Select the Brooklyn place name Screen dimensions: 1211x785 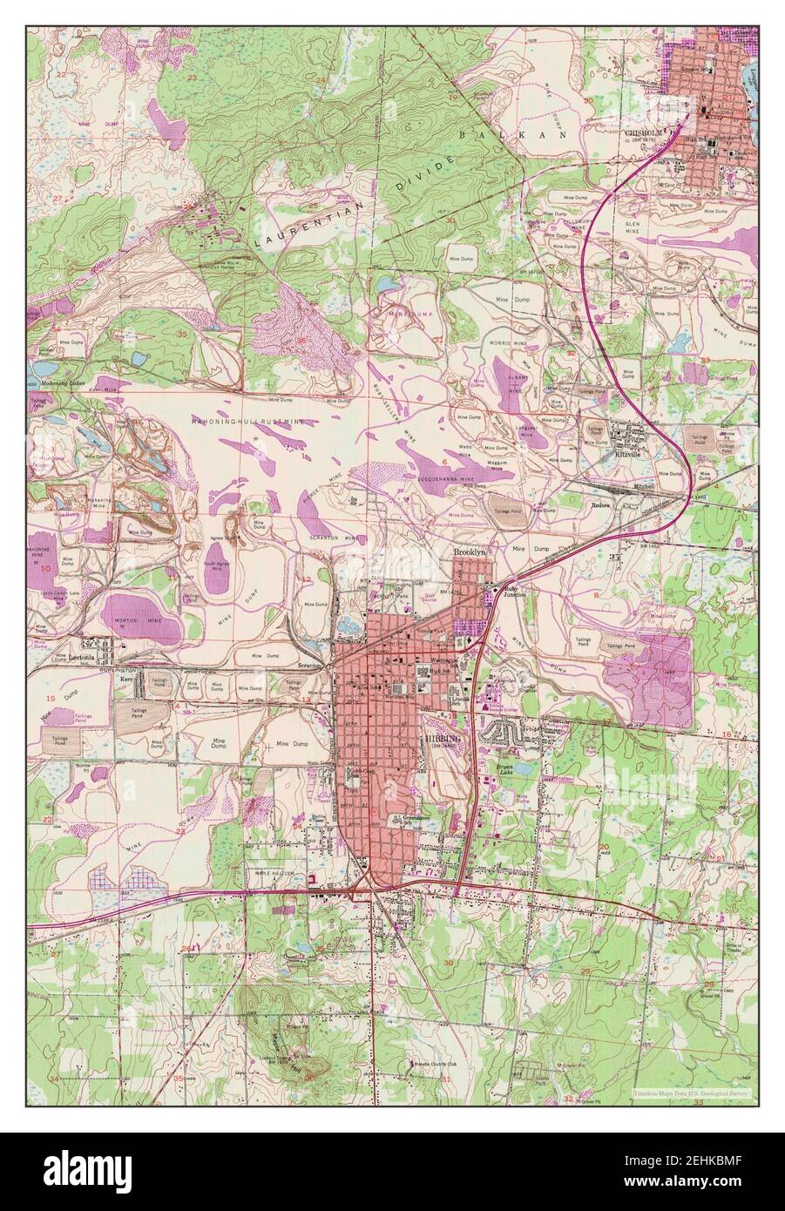[468, 553]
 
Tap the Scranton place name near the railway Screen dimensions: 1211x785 [309, 665]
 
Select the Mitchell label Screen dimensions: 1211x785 [668, 486]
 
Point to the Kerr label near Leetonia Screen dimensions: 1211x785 [127, 678]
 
